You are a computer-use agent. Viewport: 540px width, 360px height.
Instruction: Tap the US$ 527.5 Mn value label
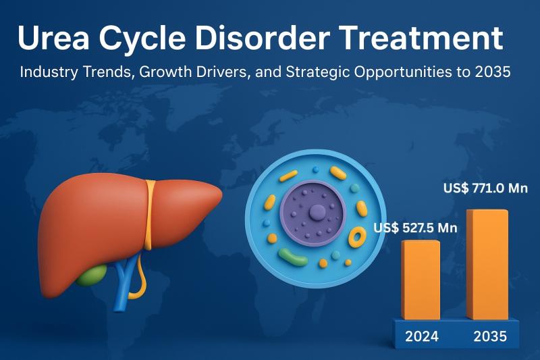[x=416, y=228]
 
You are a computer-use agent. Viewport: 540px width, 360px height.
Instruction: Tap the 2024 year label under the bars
[x=421, y=336]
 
